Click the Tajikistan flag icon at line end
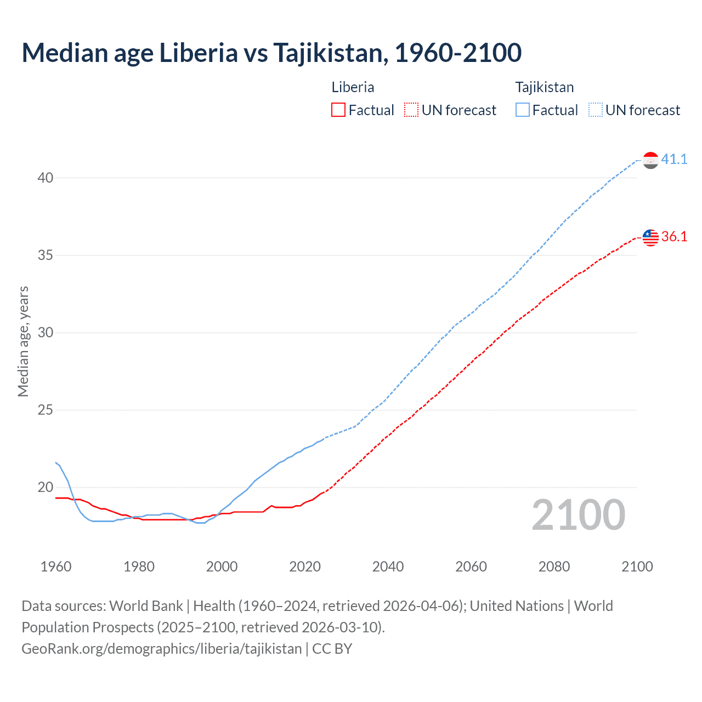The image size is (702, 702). [650, 160]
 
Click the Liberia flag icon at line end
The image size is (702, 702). [650, 237]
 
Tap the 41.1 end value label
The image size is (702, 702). [674, 159]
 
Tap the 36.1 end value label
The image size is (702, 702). [674, 236]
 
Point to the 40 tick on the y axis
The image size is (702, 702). [46, 178]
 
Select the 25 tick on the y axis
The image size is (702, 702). [46, 410]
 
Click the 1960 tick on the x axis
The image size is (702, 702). [56, 567]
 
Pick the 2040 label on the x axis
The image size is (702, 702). [388, 567]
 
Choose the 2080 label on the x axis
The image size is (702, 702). [554, 567]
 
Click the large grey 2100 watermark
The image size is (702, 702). [579, 514]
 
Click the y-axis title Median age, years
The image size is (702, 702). [23, 341]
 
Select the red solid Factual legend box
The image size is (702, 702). [338, 110]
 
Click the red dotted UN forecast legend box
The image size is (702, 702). [411, 110]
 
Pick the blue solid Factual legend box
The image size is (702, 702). [523, 110]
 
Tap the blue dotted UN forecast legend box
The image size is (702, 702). [596, 110]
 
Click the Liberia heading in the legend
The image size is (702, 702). [353, 87]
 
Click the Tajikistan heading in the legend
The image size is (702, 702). [544, 87]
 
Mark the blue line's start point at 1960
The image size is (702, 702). [56, 463]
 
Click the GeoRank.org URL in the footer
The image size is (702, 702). [162, 648]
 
